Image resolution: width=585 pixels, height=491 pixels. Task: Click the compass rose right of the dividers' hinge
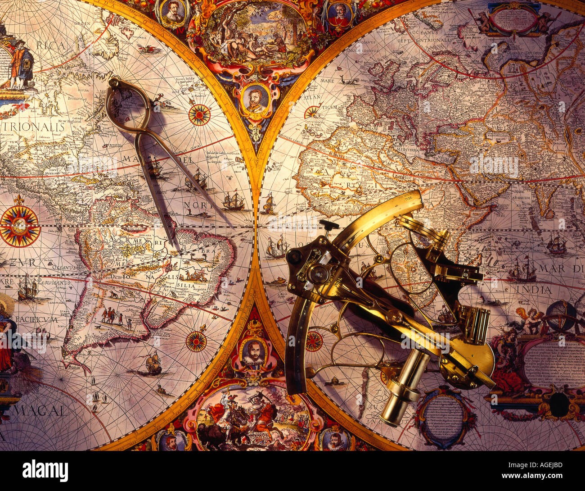coord(199,114)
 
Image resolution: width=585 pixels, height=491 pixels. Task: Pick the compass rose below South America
coord(196,341)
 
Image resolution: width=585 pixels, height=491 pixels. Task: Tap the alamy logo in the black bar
coord(45,471)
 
